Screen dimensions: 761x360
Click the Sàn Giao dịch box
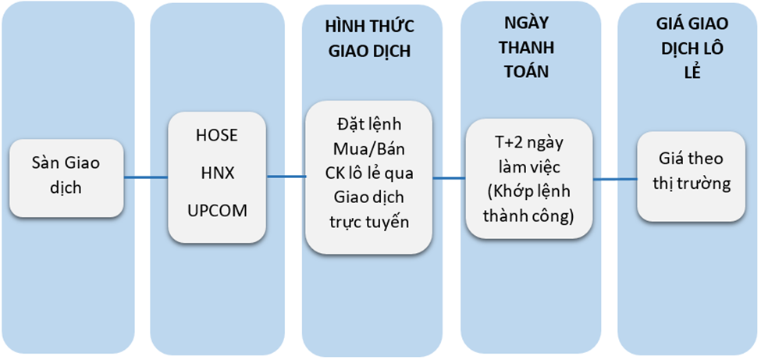pos(66,178)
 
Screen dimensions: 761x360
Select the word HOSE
pos(216,136)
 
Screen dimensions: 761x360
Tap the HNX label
pos(216,173)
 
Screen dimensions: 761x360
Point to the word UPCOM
pos(216,211)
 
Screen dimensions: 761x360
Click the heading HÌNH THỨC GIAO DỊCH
pos(370,39)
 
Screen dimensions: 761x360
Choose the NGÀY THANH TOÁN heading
pos(527,48)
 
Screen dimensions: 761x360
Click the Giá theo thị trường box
pos(691,176)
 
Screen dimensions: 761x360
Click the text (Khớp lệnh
pos(528,193)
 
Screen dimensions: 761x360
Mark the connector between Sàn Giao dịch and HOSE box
pos(146,177)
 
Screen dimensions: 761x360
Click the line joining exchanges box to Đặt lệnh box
pos(286,176)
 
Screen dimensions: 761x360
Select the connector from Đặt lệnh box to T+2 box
pos(449,178)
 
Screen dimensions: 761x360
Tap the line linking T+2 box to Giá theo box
pos(615,180)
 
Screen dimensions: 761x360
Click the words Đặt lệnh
pos(369,124)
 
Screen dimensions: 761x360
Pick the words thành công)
pos(528,217)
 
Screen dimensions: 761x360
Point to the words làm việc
pos(529,169)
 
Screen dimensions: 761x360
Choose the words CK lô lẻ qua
pos(369,173)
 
